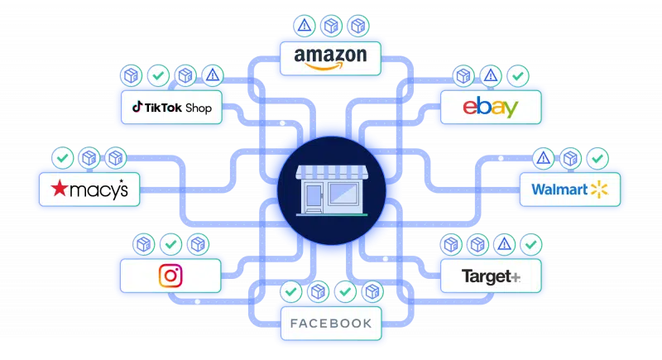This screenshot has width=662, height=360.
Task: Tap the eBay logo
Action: click(491, 108)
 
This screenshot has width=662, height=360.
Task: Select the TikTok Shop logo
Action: click(172, 108)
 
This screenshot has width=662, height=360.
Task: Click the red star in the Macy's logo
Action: click(58, 190)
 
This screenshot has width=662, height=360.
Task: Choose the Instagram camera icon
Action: click(170, 275)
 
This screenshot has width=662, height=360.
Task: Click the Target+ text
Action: click(491, 276)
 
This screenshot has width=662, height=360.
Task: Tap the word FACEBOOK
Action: click(330, 323)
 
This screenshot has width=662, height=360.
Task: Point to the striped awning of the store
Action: click(330, 172)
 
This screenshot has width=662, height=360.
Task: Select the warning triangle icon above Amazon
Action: click(305, 26)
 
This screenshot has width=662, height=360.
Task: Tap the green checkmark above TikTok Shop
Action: click(157, 76)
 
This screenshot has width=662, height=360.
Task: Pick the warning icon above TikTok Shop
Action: click(213, 76)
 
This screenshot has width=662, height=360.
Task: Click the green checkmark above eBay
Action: click(519, 76)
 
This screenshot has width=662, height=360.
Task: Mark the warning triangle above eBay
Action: click(491, 76)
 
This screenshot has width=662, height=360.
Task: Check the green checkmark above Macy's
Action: click(60, 156)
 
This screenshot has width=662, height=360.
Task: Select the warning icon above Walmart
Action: click(544, 156)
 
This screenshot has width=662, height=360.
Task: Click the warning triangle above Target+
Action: click(504, 244)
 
